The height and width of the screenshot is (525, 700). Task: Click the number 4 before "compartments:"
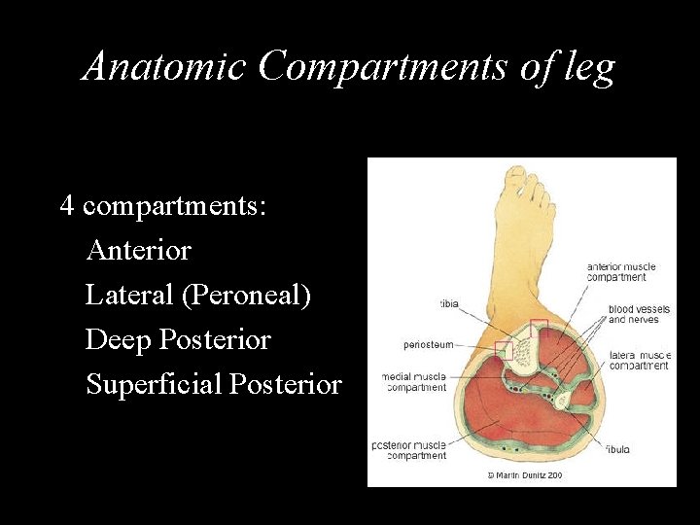tap(67, 206)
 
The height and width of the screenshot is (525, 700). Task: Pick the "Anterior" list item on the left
tap(139, 251)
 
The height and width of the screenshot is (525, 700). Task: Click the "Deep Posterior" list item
tap(178, 340)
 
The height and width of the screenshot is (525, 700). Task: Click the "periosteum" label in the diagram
tap(429, 344)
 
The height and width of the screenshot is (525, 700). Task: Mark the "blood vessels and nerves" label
tap(633, 314)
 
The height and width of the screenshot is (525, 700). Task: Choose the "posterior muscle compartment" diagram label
tap(409, 450)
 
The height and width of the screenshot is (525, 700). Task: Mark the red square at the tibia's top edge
tap(539, 327)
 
